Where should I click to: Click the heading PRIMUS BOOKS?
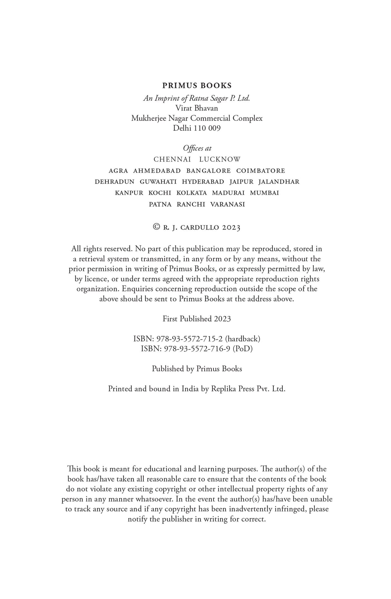pos(197,86)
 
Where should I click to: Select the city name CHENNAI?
pos(172,159)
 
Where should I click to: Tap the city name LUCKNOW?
pos(220,159)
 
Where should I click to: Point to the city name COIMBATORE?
pos(261,171)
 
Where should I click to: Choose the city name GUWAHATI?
pos(158,182)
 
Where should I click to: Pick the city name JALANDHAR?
pos(279,182)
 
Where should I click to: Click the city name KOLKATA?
pos(192,193)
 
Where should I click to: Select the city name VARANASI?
pos(227,204)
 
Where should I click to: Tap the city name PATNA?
pos(160,204)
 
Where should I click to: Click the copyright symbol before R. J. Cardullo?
pos(157,227)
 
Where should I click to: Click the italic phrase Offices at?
pos(197,148)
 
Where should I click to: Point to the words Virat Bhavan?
pos(197,108)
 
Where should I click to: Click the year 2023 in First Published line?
pos(222,319)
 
